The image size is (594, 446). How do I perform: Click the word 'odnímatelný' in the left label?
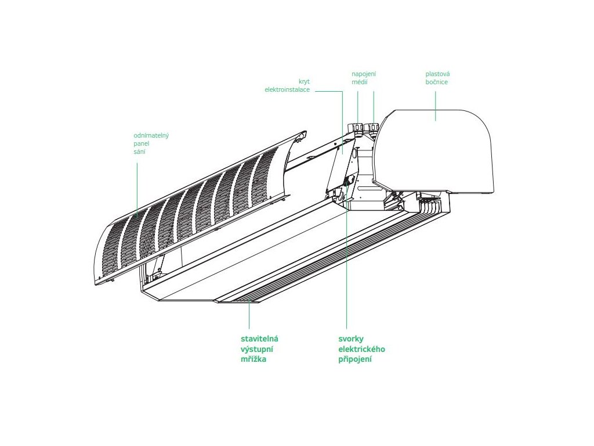[151, 135]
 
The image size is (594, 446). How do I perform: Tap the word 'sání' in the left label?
[139, 152]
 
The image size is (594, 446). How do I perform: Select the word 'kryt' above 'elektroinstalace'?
[304, 82]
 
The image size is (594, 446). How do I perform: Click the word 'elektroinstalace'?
[287, 90]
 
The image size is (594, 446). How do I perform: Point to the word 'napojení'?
[364, 74]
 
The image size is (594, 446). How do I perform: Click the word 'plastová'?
[437, 74]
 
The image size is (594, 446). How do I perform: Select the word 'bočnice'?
[436, 82]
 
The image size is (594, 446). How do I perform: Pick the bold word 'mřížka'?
[254, 359]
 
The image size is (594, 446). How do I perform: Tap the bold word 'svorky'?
[353, 339]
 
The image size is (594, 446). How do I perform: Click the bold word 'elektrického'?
[361, 349]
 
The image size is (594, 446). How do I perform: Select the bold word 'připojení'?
[355, 359]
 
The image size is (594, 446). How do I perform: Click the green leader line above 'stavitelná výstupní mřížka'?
[249, 316]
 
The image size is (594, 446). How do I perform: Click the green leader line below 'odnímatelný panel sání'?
[137, 186]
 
